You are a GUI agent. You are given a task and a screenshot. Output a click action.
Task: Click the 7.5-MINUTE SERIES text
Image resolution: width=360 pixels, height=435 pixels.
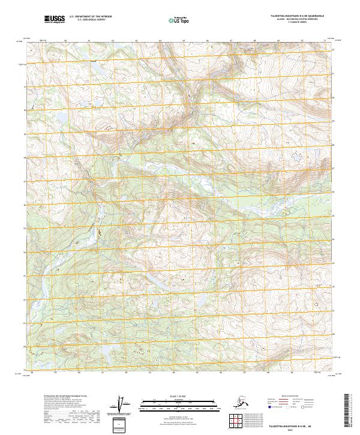point(298,25)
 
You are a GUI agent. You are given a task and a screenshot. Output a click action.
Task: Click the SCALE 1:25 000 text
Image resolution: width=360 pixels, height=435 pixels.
point(181,395)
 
